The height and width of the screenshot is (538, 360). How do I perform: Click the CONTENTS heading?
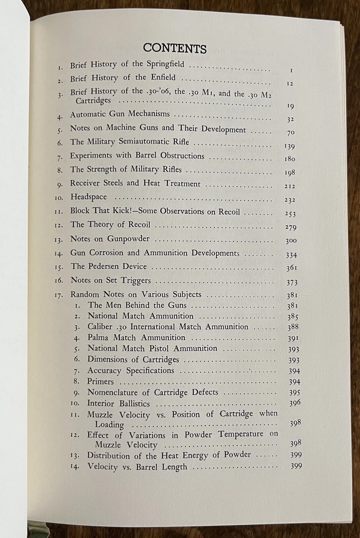pos(175,48)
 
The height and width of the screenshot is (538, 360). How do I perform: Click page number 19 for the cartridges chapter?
pos(291,106)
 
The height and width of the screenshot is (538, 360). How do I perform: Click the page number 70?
pos(291,132)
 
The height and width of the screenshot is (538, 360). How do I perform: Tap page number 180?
pos(290,159)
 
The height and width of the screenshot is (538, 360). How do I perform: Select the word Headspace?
pos(90,197)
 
